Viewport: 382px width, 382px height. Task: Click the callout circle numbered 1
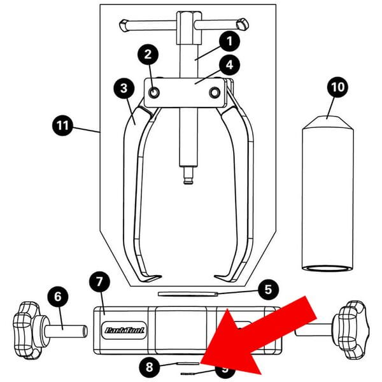(227, 41)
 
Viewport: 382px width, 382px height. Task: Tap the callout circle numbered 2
(148, 55)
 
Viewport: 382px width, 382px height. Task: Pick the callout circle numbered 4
(227, 64)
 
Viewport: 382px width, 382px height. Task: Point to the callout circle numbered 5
(268, 290)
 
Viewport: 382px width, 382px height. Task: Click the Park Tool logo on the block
(123, 330)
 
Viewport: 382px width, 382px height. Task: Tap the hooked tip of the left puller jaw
(151, 278)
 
